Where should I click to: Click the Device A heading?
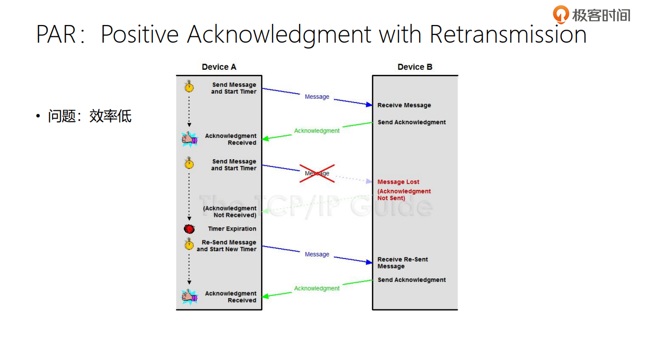coord(219,67)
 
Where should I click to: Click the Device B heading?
coord(415,67)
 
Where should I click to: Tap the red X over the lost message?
coord(317,173)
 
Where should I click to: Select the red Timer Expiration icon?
coord(189,229)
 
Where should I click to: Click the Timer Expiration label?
coord(232,229)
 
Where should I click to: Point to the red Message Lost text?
coord(398,182)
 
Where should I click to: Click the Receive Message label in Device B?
coord(404,105)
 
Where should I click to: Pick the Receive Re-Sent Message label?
coord(402,263)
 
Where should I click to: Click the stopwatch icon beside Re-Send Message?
coord(189,243)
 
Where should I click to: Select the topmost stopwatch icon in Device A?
coord(189,86)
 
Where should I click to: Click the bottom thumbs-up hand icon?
coord(189,297)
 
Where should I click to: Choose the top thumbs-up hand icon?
coord(189,139)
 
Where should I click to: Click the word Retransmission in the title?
coord(508,34)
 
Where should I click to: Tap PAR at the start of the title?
coord(55,34)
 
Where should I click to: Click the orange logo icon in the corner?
coord(561,14)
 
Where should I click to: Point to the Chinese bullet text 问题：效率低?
coord(89,116)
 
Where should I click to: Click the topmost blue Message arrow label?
coord(317,97)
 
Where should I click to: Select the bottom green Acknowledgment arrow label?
coord(317,288)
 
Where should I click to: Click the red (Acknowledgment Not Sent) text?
coord(404,195)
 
